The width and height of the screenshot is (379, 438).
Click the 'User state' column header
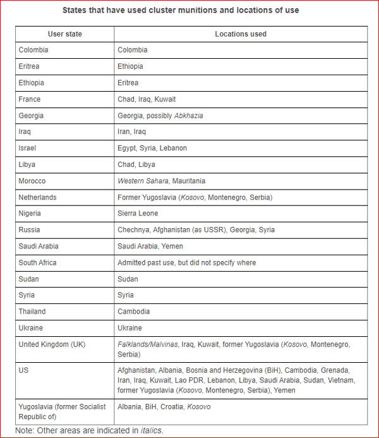pyautogui.click(x=64, y=33)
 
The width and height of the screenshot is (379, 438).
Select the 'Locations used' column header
pyautogui.click(x=241, y=33)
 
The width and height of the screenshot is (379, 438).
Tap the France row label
pyautogui.click(x=30, y=99)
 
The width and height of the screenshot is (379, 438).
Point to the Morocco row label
pyautogui.click(x=33, y=181)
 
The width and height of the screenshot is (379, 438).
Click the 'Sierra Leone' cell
pyautogui.click(x=138, y=214)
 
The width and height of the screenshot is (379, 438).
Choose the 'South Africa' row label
pyautogui.click(x=38, y=262)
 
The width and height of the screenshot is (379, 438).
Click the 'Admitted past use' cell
pyautogui.click(x=186, y=262)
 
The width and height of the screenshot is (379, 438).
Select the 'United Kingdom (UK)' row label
pyautogui.click(x=52, y=344)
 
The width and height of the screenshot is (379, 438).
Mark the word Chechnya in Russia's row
pyautogui.click(x=133, y=230)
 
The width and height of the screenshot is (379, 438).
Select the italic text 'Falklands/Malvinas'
pyautogui.click(x=147, y=344)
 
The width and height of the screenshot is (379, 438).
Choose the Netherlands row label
pyautogui.click(x=38, y=197)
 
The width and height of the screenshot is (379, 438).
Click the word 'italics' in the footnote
pyautogui.click(x=152, y=430)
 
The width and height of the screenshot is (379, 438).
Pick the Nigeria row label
pyautogui.click(x=30, y=214)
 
